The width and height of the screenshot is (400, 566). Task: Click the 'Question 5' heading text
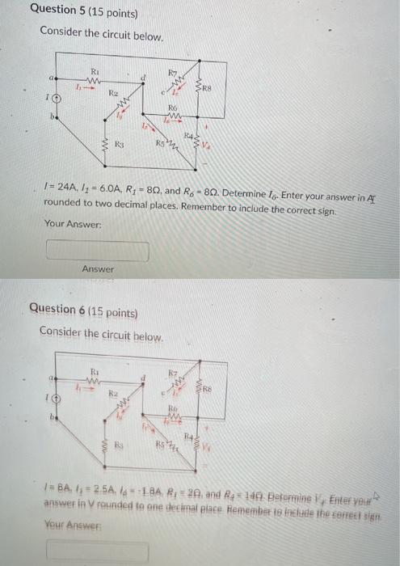[72, 14]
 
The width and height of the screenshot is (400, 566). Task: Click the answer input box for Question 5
[98, 251]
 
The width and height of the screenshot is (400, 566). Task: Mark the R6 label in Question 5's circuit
[172, 108]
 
